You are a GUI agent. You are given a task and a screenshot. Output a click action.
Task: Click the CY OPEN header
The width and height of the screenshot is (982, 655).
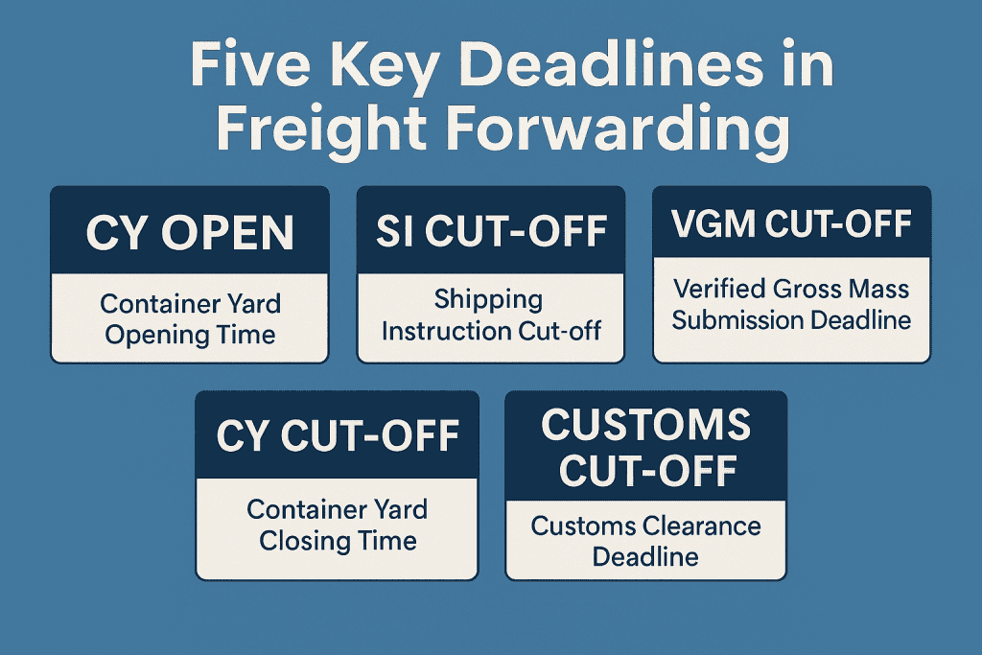(189, 233)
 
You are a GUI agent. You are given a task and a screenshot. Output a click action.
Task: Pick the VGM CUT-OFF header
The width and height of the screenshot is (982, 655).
(791, 226)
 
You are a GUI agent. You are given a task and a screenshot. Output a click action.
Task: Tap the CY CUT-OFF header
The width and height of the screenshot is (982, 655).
(337, 436)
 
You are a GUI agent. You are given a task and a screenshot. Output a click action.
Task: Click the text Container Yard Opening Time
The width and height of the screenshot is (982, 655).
(189, 319)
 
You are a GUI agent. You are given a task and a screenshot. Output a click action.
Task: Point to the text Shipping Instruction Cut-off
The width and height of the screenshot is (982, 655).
(490, 315)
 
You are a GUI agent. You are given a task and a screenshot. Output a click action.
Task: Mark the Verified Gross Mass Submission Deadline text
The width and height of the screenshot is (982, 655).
(791, 303)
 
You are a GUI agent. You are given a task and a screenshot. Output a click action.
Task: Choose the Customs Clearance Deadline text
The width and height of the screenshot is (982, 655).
(645, 540)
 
